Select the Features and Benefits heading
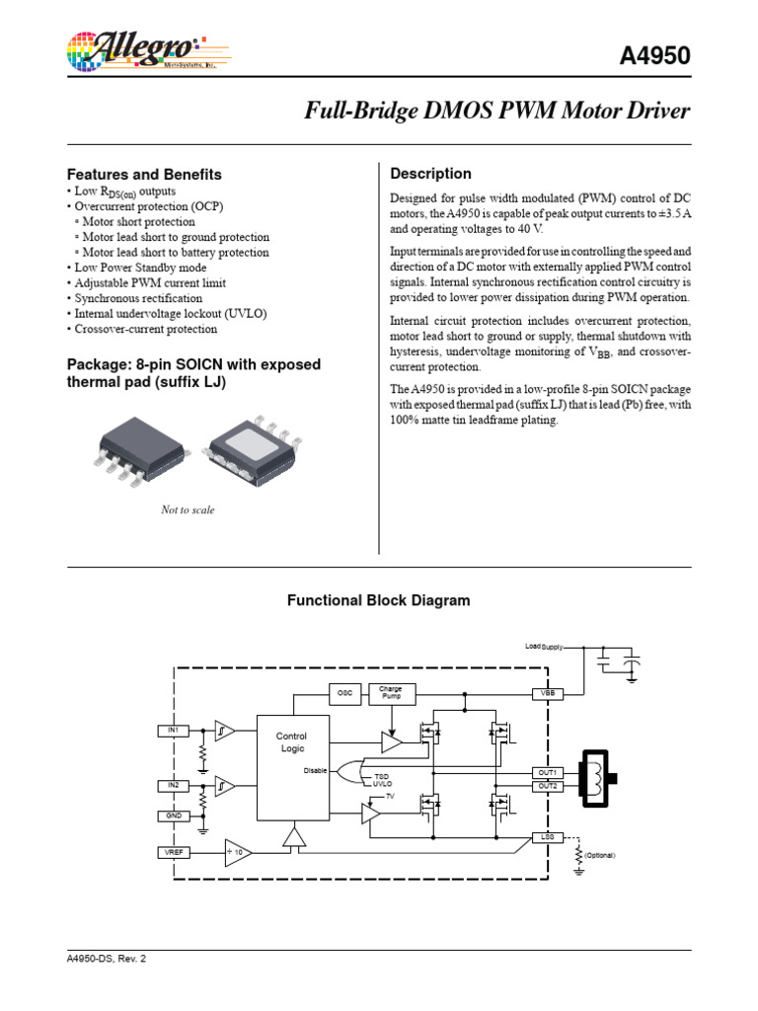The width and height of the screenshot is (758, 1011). [x=143, y=174]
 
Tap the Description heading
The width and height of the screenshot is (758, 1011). [x=431, y=174]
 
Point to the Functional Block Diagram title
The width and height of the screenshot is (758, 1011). [x=378, y=600]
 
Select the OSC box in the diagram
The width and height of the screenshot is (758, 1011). [x=344, y=694]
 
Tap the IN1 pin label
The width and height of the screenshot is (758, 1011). [x=172, y=730]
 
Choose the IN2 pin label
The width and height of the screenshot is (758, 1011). [x=172, y=785]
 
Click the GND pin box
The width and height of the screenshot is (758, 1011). [x=172, y=816]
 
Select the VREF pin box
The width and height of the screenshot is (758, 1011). [x=172, y=851]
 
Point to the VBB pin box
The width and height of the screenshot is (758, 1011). [x=547, y=694]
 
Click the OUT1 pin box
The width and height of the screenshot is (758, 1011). [x=547, y=772]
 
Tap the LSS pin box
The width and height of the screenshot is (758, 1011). [x=547, y=836]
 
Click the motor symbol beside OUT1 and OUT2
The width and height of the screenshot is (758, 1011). [x=598, y=779]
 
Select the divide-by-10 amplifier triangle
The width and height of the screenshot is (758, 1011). [x=238, y=851]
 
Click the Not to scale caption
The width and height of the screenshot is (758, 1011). [x=188, y=510]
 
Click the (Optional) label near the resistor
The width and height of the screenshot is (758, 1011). [x=600, y=854]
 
